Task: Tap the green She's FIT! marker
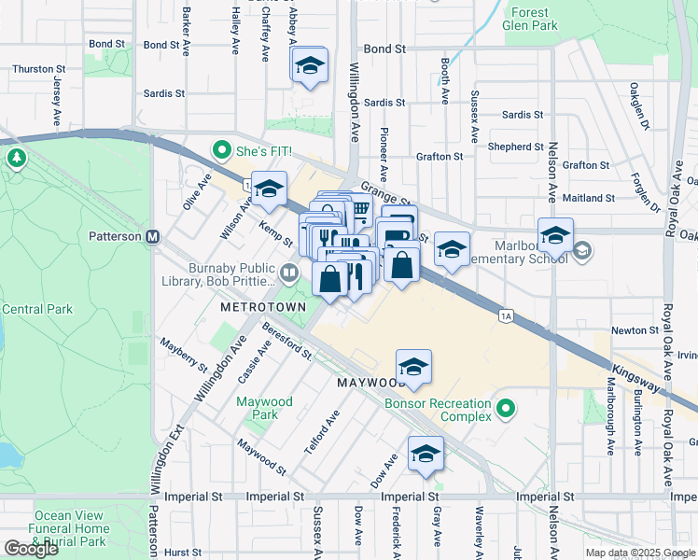222,148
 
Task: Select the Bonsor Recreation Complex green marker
506,409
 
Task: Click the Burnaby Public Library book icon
289,273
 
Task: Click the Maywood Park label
264,408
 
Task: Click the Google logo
31,548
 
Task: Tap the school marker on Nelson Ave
555,235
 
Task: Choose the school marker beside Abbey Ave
309,66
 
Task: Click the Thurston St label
38,69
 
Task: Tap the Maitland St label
589,198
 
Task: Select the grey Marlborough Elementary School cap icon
583,250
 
